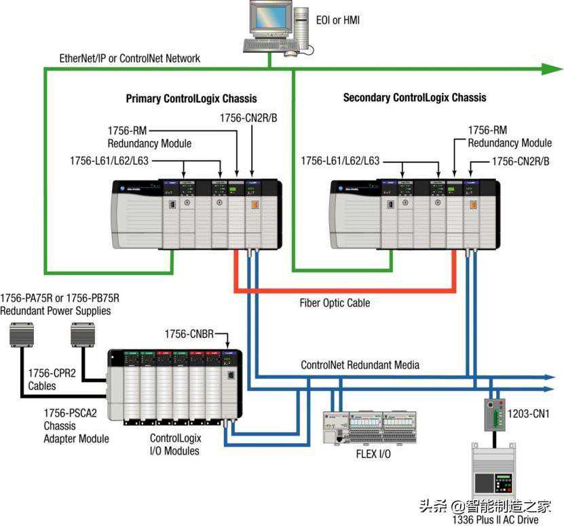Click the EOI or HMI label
[x=337, y=20]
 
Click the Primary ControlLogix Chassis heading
[x=191, y=98]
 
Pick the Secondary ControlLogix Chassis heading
[x=414, y=98]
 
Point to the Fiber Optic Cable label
[x=335, y=303]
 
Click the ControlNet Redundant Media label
[x=360, y=365]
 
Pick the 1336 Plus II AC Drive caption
[x=493, y=520]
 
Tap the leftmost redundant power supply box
[x=25, y=334]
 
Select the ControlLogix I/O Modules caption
[x=174, y=445]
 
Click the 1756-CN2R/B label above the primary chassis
[x=249, y=117]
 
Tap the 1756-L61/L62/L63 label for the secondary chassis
[x=340, y=161]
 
